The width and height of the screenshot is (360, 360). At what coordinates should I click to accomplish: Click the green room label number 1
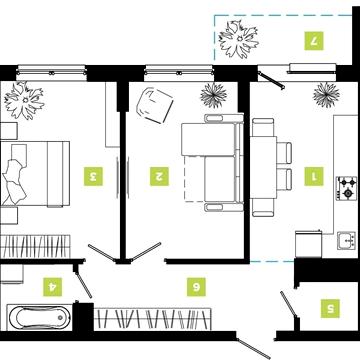coord(314,176)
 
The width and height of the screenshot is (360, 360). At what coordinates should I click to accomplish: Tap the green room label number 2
coord(159,176)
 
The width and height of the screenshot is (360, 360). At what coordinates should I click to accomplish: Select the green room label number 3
coord(93,176)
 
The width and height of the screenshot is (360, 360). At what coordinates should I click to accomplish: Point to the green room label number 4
coord(53,287)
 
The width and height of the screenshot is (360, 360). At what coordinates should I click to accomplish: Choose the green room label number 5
coord(331,308)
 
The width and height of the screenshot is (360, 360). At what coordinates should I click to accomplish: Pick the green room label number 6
coord(196,287)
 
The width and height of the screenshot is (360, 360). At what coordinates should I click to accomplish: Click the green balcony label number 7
coord(314,41)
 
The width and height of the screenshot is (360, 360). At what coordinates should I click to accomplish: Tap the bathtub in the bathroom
coord(39,317)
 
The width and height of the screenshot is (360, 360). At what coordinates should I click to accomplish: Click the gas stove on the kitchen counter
coord(346,188)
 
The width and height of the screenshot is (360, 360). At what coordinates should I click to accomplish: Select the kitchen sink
coord(346,241)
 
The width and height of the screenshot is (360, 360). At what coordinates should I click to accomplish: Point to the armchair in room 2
coord(155,105)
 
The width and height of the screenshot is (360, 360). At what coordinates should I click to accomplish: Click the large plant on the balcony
coord(239,39)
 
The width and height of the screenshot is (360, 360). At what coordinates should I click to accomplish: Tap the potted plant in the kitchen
coord(326,95)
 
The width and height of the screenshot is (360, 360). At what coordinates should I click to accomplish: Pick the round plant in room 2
coord(214,95)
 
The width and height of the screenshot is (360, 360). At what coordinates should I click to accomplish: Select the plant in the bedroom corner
coord(24,100)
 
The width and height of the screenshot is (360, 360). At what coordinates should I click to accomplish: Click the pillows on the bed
coord(15,174)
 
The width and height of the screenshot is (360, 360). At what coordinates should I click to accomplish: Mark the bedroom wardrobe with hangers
coord(35,246)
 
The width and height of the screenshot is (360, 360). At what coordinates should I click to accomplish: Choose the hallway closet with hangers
coord(152,319)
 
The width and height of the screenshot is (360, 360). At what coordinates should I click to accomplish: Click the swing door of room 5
coord(288,304)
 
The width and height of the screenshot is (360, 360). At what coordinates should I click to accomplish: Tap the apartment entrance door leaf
coord(254,349)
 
